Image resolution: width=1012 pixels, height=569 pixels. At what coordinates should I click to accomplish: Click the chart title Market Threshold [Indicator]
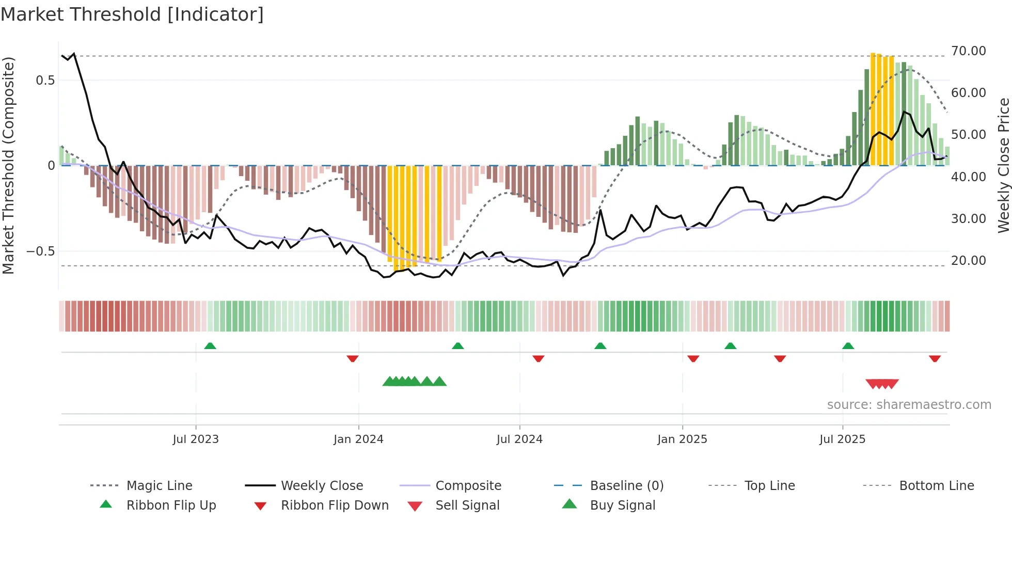[132, 14]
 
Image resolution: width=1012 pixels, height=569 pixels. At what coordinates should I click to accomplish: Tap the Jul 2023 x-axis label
[196, 439]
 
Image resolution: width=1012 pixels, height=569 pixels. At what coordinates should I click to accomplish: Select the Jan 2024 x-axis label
[358, 439]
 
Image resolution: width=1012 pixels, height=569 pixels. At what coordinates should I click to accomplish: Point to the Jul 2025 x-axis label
[842, 439]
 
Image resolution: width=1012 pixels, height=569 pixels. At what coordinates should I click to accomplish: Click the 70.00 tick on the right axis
[968, 51]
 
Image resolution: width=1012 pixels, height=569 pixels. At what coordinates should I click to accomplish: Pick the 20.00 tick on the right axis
[968, 261]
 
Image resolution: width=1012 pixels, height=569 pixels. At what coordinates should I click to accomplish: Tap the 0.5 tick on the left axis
[45, 81]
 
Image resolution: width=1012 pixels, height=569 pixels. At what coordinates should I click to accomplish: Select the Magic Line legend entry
[159, 486]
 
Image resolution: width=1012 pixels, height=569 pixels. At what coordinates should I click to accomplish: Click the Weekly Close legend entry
[322, 486]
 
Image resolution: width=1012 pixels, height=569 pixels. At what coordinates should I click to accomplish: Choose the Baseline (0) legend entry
[626, 486]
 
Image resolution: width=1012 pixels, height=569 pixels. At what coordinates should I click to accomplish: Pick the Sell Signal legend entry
[467, 505]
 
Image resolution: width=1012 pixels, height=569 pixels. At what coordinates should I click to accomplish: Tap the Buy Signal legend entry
[622, 505]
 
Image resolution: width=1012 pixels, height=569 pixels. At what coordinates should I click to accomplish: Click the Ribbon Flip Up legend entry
[171, 505]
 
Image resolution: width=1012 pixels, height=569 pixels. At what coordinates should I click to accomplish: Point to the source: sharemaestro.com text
[909, 405]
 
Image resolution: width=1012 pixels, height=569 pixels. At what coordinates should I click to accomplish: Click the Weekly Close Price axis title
[1003, 165]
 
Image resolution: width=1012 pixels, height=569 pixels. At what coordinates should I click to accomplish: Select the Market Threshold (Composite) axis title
[8, 165]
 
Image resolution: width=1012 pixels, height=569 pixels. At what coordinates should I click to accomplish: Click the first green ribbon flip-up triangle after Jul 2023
[210, 346]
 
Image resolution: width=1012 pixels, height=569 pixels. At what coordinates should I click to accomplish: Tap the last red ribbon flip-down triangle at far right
[935, 358]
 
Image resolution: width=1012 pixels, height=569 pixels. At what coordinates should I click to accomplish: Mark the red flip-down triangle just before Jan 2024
[353, 358]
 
